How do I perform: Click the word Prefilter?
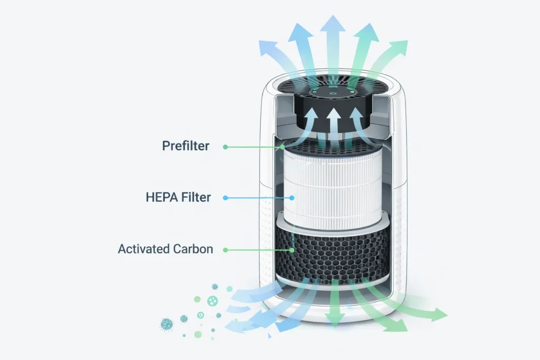[x=186, y=145]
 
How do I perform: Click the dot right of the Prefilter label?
[x=225, y=147]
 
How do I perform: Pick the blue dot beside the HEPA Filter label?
[x=225, y=198]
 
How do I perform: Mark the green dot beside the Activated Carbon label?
[x=225, y=250]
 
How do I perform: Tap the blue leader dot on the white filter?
[x=292, y=198]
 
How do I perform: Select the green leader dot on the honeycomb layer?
[x=292, y=250]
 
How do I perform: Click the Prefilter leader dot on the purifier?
[x=283, y=147]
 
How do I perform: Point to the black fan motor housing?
[x=332, y=110]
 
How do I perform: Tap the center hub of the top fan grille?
[x=333, y=92]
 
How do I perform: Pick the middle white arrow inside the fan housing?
[x=333, y=123]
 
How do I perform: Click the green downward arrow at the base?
[x=334, y=303]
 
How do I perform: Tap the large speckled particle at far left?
[x=167, y=324]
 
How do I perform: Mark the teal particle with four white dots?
[x=213, y=301]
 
